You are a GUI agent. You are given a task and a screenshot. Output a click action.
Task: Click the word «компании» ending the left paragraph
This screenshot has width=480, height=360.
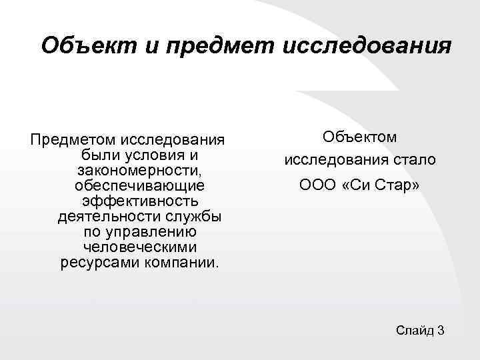pos(180,262)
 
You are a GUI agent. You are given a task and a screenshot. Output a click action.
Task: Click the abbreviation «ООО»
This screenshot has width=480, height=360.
pos(315,185)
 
